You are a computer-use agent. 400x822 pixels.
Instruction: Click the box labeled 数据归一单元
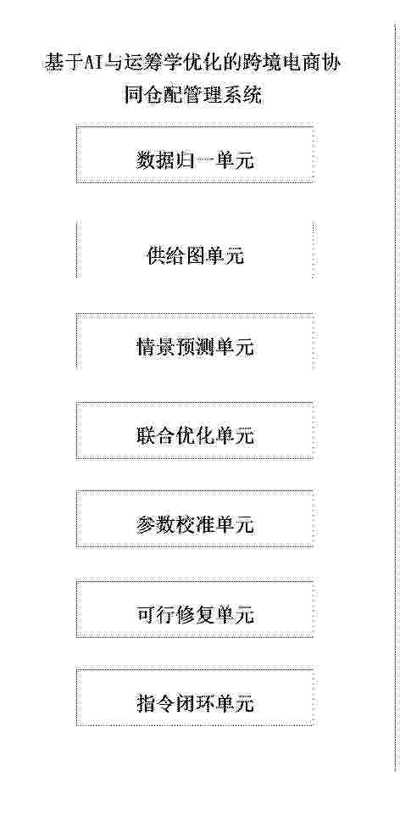click(x=195, y=154)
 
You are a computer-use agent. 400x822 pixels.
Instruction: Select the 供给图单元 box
click(x=195, y=249)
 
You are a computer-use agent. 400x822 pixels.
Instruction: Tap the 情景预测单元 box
click(x=195, y=342)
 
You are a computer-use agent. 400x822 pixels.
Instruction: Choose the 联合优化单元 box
click(x=195, y=430)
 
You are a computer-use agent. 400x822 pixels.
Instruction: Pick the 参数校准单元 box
click(x=195, y=519)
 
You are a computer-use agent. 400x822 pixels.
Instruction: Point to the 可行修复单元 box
click(x=195, y=608)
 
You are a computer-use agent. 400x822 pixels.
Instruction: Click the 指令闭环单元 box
click(x=195, y=696)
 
